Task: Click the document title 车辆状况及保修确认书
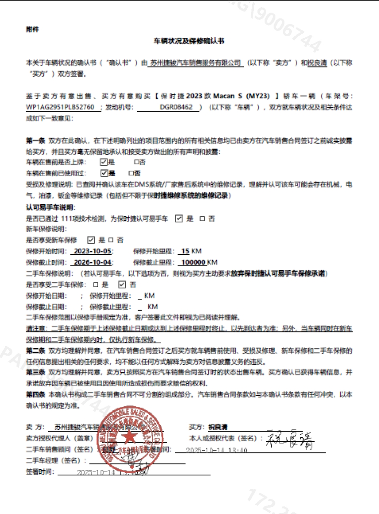pos(189,41)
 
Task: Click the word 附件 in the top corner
pos(32,29)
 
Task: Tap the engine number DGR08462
pos(176,107)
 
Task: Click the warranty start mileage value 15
pos(185,251)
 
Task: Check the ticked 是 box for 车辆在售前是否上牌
pos(103,162)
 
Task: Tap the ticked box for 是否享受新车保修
pos(91,240)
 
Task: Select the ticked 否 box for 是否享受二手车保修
pos(122,285)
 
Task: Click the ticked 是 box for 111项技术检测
pos(179,218)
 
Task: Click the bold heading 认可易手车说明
pos(51,207)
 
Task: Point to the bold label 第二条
pos(35,351)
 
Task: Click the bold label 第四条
pos(35,395)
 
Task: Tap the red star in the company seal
pos(129,436)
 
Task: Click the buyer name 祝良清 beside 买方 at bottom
pos(218,427)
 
